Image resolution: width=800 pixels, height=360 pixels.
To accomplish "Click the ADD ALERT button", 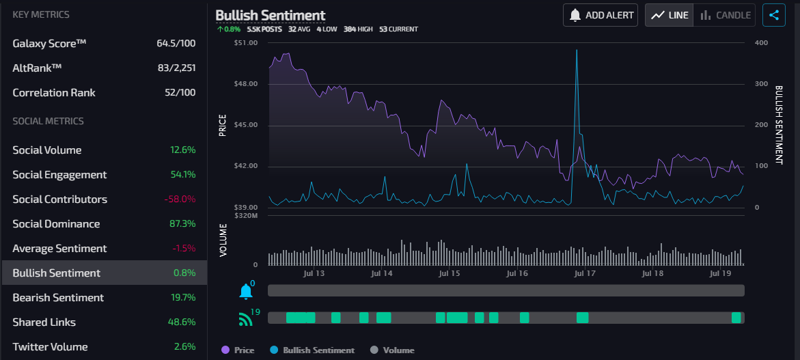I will click(x=601, y=15).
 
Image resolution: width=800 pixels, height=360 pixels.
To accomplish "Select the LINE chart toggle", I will click(x=670, y=15).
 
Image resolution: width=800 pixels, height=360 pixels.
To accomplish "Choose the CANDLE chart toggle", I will click(x=724, y=15).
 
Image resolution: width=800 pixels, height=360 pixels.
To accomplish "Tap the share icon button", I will click(x=774, y=15).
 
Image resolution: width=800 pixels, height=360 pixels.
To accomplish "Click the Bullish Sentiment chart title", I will click(x=271, y=15).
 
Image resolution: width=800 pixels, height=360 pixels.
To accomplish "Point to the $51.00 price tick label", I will click(x=246, y=43).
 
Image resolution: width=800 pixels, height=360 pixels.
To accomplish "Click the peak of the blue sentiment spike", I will click(x=577, y=50).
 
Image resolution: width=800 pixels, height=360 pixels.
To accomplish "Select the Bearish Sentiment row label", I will click(x=58, y=298).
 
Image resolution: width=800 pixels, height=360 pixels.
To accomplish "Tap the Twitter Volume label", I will click(x=50, y=347).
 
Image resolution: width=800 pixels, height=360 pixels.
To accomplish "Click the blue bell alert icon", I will click(x=246, y=292).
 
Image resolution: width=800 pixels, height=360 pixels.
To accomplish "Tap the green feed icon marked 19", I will click(x=245, y=318).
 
